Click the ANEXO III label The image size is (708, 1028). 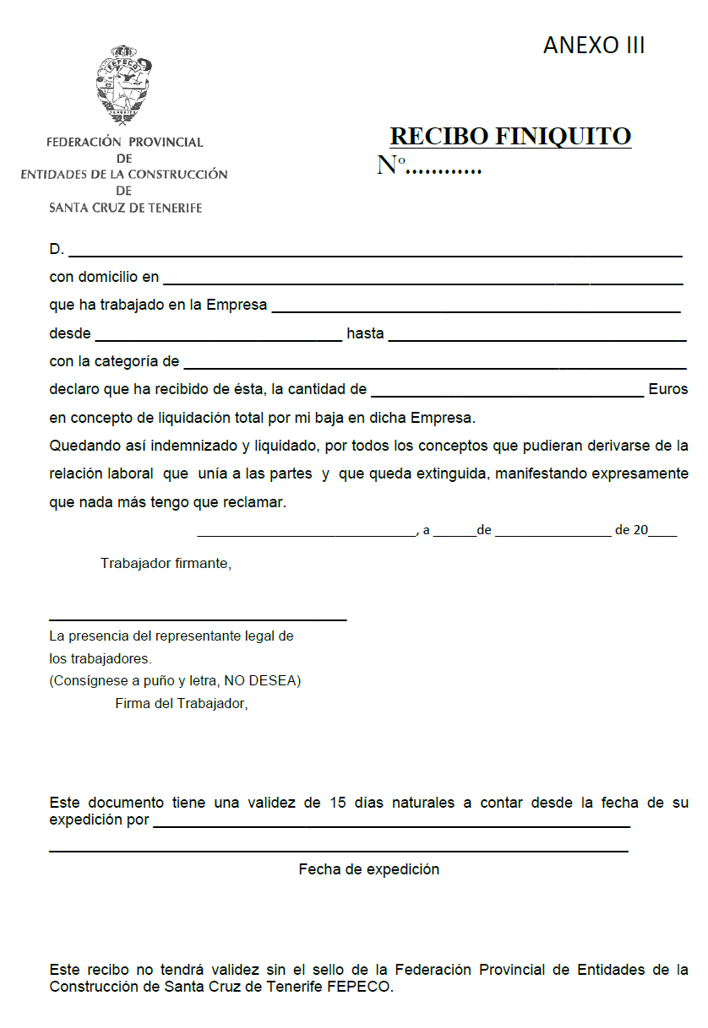click(x=594, y=46)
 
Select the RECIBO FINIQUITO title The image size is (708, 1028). click(x=510, y=137)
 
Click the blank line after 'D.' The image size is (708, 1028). click(x=375, y=253)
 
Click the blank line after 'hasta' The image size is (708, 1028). click(x=537, y=338)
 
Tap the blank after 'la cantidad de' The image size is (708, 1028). click(x=507, y=393)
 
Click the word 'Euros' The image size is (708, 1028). click(x=668, y=390)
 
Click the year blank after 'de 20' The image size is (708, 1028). click(x=663, y=532)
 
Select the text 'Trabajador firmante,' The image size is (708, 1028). click(x=166, y=563)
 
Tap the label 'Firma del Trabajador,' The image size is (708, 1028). click(x=182, y=703)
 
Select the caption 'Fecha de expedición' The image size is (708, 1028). click(x=368, y=869)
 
